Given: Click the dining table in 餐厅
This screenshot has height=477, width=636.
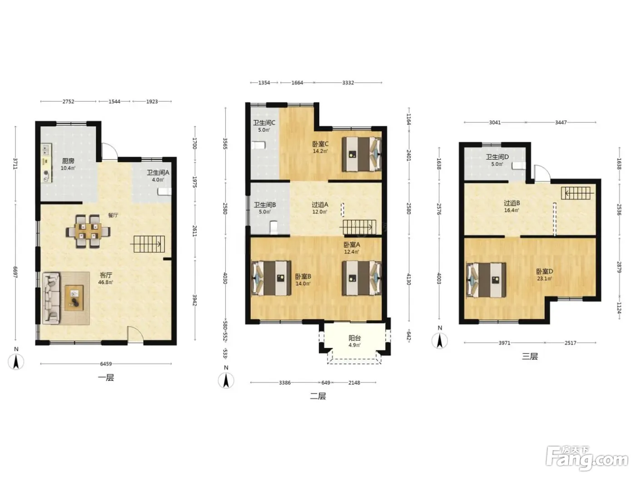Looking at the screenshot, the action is click(88, 231).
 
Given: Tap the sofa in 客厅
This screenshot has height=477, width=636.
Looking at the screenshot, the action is click(51, 298).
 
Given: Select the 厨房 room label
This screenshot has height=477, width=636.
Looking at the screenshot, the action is click(68, 161).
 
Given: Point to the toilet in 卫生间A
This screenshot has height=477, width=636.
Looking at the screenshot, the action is click(164, 191).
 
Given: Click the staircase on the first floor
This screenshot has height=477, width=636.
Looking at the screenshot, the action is click(149, 244).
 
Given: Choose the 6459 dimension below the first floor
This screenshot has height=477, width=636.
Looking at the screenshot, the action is click(106, 364).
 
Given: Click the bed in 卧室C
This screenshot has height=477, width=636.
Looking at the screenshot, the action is click(362, 154).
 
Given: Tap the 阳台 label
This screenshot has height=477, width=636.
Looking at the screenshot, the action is click(354, 338).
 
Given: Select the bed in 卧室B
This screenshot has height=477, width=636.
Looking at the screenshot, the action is click(271, 278).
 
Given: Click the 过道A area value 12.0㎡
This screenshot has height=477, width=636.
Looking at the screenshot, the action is click(320, 212).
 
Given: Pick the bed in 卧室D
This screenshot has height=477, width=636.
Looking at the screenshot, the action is click(486, 280).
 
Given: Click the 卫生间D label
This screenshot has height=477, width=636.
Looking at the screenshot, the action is click(497, 157).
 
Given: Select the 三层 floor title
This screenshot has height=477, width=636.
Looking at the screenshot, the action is click(530, 356).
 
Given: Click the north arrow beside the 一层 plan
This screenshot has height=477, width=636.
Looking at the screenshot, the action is click(16, 362).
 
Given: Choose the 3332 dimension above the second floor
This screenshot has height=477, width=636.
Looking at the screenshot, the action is click(348, 83).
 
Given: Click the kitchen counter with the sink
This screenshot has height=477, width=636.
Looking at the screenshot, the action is click(46, 163).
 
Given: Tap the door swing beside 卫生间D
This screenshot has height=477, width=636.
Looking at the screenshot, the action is click(542, 174).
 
